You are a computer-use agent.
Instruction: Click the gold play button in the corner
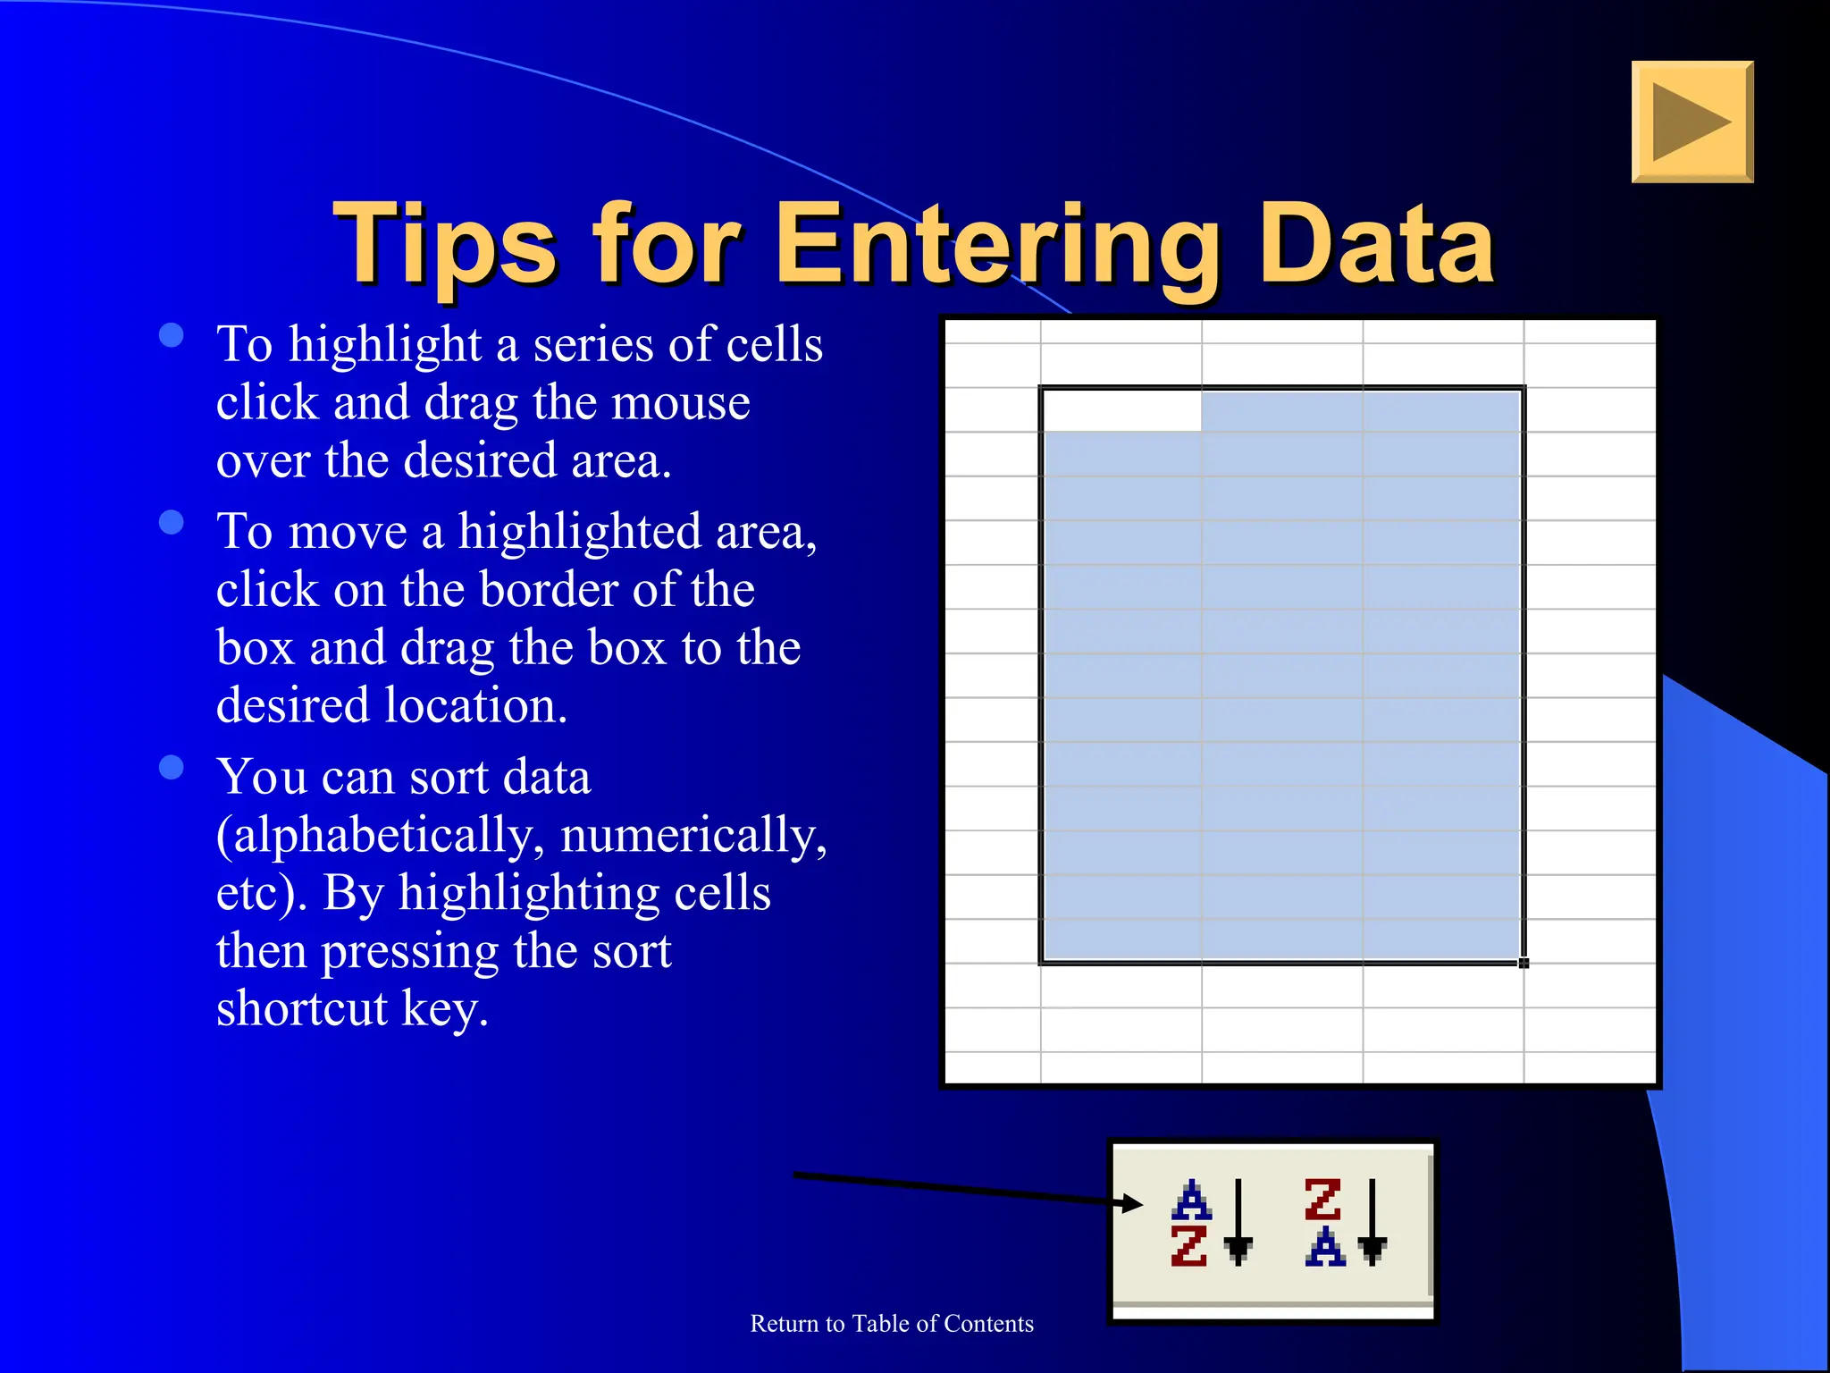[x=1691, y=122]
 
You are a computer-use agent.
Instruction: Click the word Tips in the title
[x=445, y=245]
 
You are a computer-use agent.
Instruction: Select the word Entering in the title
[x=999, y=247]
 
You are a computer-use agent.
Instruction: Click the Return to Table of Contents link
[x=892, y=1324]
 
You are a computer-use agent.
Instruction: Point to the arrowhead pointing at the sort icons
[x=1133, y=1203]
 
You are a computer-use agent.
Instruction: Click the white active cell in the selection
[x=1122, y=410]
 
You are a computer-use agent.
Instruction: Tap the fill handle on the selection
[x=1524, y=963]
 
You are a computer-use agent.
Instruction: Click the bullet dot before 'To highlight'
[x=172, y=335]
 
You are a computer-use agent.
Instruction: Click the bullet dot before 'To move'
[x=172, y=522]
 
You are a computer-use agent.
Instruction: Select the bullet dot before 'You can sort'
[x=172, y=767]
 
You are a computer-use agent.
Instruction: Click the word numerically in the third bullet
[x=693, y=836]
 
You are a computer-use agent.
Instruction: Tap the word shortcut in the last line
[x=302, y=1009]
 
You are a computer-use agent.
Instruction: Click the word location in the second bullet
[x=476, y=706]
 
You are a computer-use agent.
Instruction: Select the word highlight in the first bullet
[x=385, y=345]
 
